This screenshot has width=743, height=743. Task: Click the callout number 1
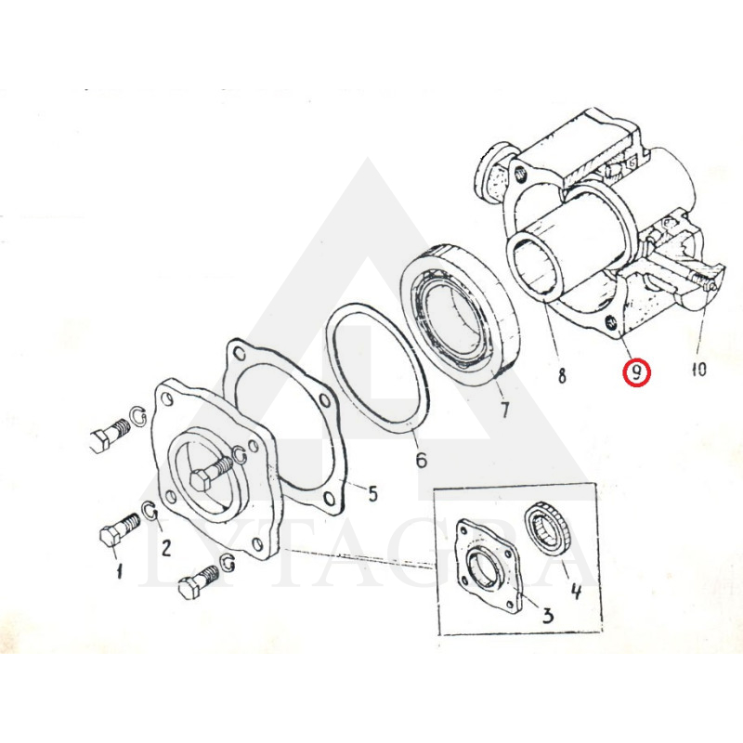119,570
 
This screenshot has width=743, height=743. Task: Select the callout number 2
166,548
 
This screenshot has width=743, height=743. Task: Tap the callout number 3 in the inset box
547,616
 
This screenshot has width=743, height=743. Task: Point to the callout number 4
576,591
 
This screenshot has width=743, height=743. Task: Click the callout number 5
373,494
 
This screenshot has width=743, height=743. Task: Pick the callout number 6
422,459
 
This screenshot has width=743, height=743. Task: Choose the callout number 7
504,410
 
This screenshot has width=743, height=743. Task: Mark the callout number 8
562,376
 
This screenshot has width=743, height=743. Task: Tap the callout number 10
699,369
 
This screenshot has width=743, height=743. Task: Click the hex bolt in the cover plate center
212,474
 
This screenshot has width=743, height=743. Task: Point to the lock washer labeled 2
150,509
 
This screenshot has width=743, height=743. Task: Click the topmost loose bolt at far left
110,434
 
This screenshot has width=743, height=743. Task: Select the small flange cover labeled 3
487,567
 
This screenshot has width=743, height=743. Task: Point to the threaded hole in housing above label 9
611,323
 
